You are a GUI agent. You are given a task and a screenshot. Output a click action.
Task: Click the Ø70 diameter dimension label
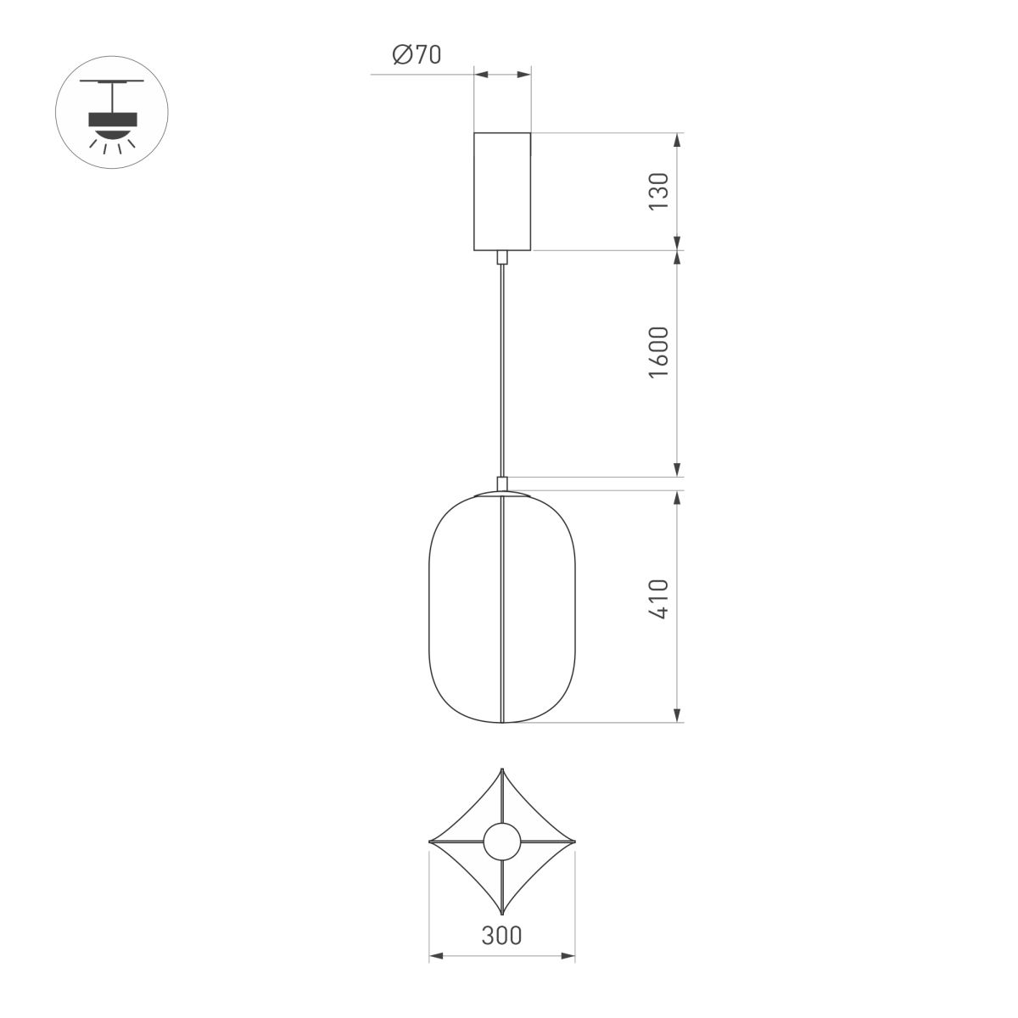click(x=417, y=56)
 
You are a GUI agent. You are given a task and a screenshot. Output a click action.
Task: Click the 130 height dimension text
click(x=660, y=192)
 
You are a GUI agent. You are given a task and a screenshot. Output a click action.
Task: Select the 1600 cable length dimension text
click(x=660, y=352)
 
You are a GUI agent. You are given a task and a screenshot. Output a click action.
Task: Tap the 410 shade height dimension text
click(x=660, y=601)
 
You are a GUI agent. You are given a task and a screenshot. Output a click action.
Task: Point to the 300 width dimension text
click(x=501, y=936)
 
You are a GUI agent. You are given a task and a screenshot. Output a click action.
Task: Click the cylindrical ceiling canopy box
click(x=502, y=191)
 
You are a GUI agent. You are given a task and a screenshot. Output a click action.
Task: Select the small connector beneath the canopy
click(x=502, y=257)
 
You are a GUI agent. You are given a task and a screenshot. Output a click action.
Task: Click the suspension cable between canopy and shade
click(x=502, y=373)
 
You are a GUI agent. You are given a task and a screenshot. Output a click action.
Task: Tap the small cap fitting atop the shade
click(x=502, y=484)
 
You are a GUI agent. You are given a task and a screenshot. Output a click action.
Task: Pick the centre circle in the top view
click(x=502, y=842)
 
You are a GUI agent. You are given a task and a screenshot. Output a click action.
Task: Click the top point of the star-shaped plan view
click(x=502, y=771)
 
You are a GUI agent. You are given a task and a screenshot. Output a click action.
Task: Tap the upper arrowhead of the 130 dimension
click(x=677, y=140)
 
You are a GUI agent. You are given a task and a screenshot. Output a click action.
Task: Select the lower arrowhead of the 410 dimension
click(x=677, y=716)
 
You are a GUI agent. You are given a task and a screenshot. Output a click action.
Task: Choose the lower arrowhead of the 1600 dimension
click(x=677, y=470)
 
